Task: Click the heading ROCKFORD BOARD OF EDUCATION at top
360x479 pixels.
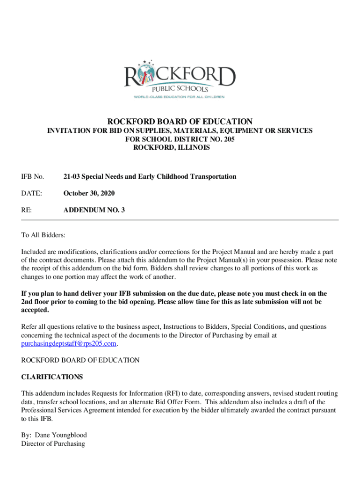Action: [180, 122]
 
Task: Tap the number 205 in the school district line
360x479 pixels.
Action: [229, 139]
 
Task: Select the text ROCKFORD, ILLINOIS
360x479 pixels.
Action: [172, 148]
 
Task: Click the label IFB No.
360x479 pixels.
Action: [33, 177]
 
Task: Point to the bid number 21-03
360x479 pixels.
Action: [72, 177]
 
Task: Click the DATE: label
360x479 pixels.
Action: [32, 193]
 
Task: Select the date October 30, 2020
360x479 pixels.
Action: [89, 193]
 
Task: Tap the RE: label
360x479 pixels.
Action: [27, 210]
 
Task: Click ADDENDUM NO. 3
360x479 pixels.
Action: [94, 210]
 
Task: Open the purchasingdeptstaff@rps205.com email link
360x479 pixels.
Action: [69, 344]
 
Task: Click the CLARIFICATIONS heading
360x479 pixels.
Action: [52, 377]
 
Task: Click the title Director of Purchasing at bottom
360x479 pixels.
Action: [53, 443]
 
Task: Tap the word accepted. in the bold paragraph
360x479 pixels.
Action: [35, 310]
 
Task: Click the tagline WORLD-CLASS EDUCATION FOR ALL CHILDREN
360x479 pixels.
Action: [180, 97]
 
